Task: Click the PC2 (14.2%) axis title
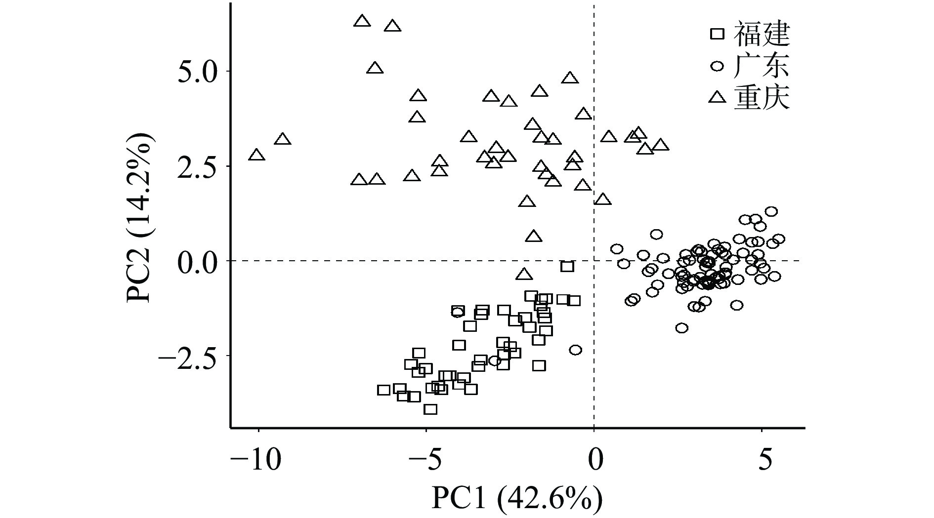click(x=140, y=218)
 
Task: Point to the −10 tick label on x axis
click(x=256, y=460)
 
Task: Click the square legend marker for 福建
click(x=717, y=34)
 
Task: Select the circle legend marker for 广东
click(x=717, y=66)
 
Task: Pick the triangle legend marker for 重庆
click(x=717, y=97)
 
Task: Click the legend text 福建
click(x=762, y=34)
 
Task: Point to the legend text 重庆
click(x=762, y=98)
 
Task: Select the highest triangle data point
click(x=362, y=21)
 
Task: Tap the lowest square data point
click(x=430, y=409)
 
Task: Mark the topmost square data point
click(x=567, y=267)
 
